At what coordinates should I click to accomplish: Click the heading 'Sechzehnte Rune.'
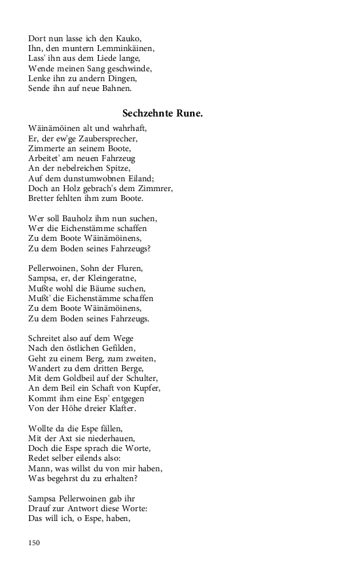tap(162, 113)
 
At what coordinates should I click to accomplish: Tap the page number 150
tap(35, 542)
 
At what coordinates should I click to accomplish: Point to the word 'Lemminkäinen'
tap(125, 48)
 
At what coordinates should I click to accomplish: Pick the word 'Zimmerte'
tap(45, 148)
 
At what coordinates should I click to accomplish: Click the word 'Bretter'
tap(43, 198)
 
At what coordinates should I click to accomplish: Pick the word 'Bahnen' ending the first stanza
tap(117, 88)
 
